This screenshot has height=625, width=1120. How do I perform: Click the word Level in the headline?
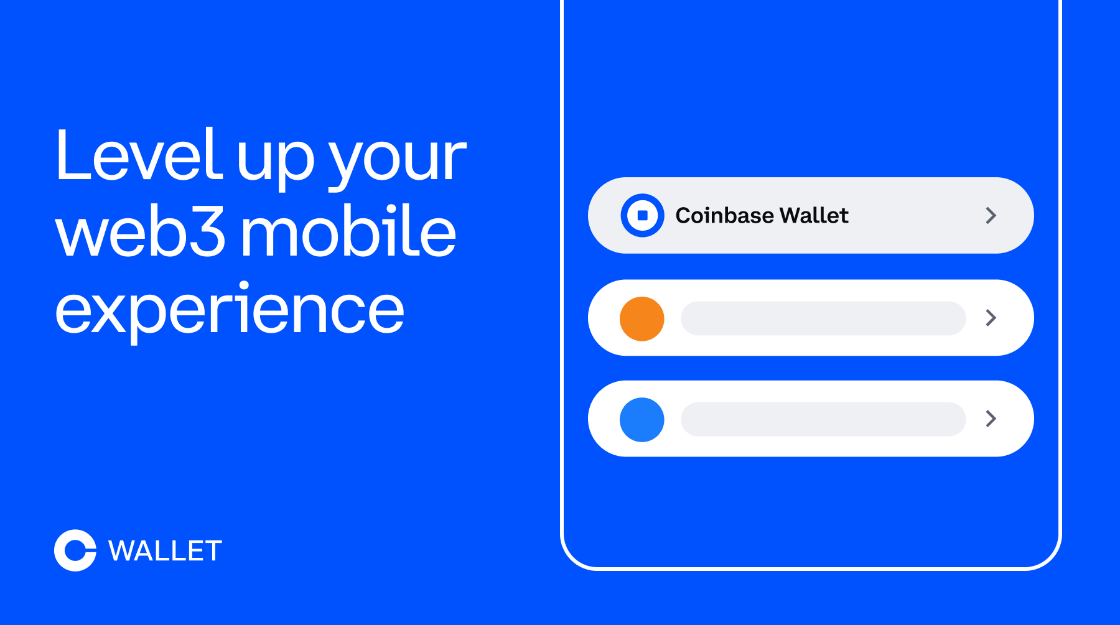point(138,155)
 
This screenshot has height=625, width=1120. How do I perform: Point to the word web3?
point(141,233)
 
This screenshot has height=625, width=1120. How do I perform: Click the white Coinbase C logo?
point(75,550)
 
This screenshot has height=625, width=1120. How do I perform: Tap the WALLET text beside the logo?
point(165,551)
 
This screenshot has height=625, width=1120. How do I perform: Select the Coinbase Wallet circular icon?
point(642,215)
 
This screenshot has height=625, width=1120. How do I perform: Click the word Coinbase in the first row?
point(724,215)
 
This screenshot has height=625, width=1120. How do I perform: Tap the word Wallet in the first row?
point(814,215)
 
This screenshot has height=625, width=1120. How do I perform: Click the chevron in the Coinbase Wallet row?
point(991,215)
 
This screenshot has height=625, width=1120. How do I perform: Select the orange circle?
point(642,318)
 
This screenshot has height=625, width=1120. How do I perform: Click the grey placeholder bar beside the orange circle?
point(823,318)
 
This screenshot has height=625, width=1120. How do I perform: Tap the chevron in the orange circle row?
point(991,318)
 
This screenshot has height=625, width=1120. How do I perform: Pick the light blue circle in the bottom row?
point(642,420)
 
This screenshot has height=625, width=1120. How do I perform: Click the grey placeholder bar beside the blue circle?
point(823,419)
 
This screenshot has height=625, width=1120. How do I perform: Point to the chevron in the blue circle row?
point(991,419)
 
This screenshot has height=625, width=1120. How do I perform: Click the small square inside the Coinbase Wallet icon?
point(643,215)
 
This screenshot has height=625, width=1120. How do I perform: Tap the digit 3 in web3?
point(207,233)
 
